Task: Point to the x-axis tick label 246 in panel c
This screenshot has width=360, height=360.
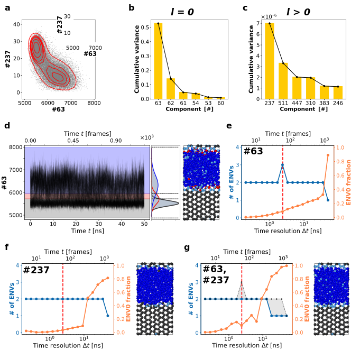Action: coord(338,104)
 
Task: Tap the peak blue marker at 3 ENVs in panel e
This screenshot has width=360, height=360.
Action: coord(283,164)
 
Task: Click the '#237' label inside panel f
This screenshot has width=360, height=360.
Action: coord(36,270)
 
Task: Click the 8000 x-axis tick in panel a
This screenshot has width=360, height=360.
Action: coord(94,103)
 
